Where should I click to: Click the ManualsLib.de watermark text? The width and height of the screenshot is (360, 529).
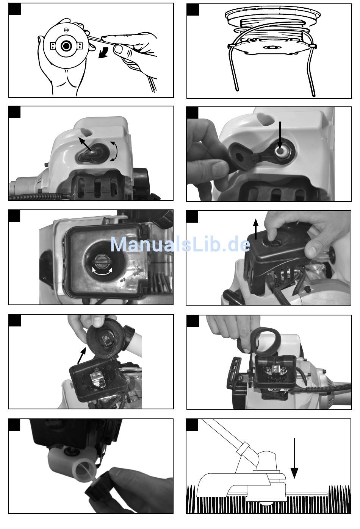pyautogui.click(x=180, y=245)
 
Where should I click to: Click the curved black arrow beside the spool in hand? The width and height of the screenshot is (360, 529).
pyautogui.click(x=103, y=53)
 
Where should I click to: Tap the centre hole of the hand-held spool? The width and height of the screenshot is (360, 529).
pyautogui.click(x=66, y=46)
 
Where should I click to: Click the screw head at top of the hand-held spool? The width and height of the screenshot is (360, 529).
pyautogui.click(x=66, y=30)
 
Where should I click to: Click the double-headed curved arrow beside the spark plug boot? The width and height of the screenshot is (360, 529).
pyautogui.click(x=114, y=151)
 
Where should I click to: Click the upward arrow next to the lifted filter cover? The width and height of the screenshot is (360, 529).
pyautogui.click(x=255, y=229)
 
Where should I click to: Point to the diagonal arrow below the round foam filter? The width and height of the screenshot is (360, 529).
pyautogui.click(x=81, y=356)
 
